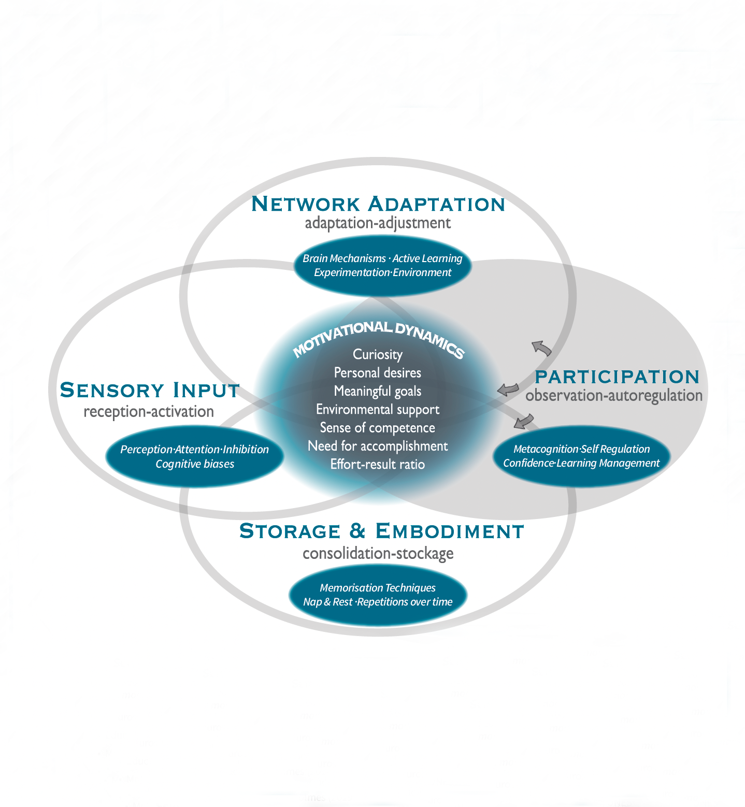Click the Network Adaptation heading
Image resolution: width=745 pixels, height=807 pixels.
pos(378,204)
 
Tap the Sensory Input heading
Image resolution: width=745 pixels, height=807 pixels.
pos(150,390)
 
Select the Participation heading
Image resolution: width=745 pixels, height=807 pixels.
pos(617,377)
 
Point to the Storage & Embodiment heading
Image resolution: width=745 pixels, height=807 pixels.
pos(382,531)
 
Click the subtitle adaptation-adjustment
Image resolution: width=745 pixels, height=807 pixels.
pos(378,223)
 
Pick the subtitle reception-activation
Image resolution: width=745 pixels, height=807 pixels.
pos(149,412)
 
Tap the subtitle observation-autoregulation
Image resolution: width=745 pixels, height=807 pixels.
pos(614,396)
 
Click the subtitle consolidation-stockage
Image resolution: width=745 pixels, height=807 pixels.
pos(378,553)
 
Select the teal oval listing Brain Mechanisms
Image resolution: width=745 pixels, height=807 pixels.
pos(382,265)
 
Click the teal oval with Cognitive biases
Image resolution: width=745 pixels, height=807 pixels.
pos(195,456)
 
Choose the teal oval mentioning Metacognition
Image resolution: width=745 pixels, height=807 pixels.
pos(581,456)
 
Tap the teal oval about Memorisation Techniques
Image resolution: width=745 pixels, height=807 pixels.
pos(378,595)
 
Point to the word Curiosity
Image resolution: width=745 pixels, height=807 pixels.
pos(378,354)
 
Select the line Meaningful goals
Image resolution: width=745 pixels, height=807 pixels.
pos(378,391)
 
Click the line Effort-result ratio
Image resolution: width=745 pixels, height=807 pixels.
pos(378,464)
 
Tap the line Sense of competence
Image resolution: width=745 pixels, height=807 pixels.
pos(378,428)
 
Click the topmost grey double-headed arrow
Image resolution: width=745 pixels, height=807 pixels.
pos(541,348)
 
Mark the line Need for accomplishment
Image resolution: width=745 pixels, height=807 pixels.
pos(378,446)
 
